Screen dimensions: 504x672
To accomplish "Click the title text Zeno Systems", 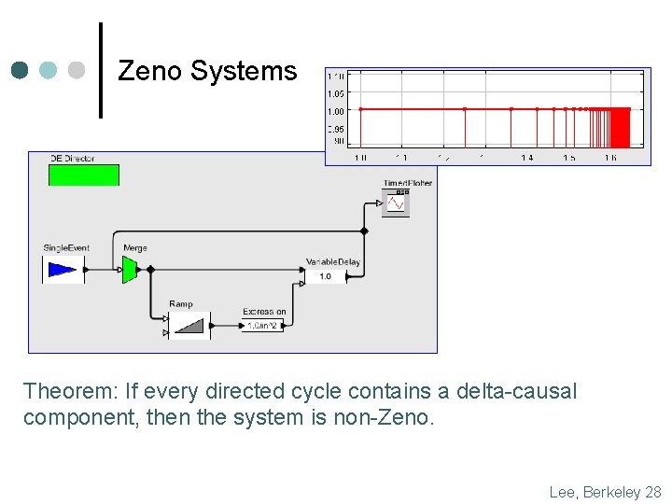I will (x=207, y=71).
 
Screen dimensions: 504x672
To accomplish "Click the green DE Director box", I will (x=84, y=175).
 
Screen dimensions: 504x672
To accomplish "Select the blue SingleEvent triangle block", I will (x=63, y=270).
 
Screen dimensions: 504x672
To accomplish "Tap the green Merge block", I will (x=130, y=270).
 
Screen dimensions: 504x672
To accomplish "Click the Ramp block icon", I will (x=189, y=325).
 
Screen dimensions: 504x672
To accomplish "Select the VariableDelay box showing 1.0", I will (x=325, y=276).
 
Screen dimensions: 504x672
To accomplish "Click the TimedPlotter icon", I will (x=396, y=202).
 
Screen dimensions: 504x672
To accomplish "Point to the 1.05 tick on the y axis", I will (x=336, y=92).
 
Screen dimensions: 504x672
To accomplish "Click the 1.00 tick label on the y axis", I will (x=336, y=109).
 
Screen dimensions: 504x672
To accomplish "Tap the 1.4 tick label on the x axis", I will (x=527, y=158).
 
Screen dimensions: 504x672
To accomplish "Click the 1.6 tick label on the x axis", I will (x=609, y=158).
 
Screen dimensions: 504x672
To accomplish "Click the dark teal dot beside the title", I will (x=21, y=70).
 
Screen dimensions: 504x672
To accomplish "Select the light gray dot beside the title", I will (x=77, y=70).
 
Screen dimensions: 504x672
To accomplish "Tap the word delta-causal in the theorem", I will (x=519, y=391).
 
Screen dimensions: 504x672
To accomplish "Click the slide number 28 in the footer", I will (x=653, y=492).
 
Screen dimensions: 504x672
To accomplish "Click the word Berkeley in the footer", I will (x=610, y=492).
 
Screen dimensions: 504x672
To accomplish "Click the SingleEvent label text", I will (x=66, y=248).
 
